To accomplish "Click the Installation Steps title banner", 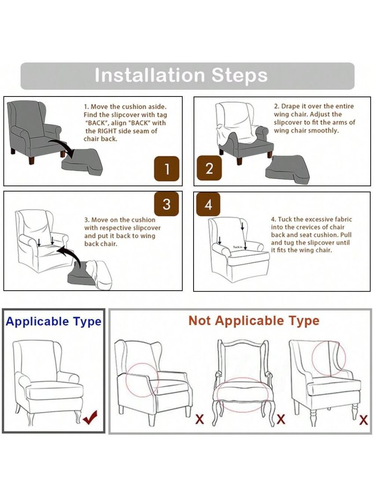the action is pos(187,76).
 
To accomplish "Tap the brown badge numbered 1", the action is pos(167,169).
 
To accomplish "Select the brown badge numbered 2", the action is pos(209,168).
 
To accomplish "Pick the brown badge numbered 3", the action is pos(166,204).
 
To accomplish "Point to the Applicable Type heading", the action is pos(53,322).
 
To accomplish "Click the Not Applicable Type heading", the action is pos(254,321).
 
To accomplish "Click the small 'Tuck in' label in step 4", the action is pos(238,247).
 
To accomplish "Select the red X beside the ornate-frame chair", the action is pos(281,419).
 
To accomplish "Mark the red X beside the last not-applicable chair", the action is pos(363,420).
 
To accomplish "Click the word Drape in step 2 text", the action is pos(290,107).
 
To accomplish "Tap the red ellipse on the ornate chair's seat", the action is pos(242,395).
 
